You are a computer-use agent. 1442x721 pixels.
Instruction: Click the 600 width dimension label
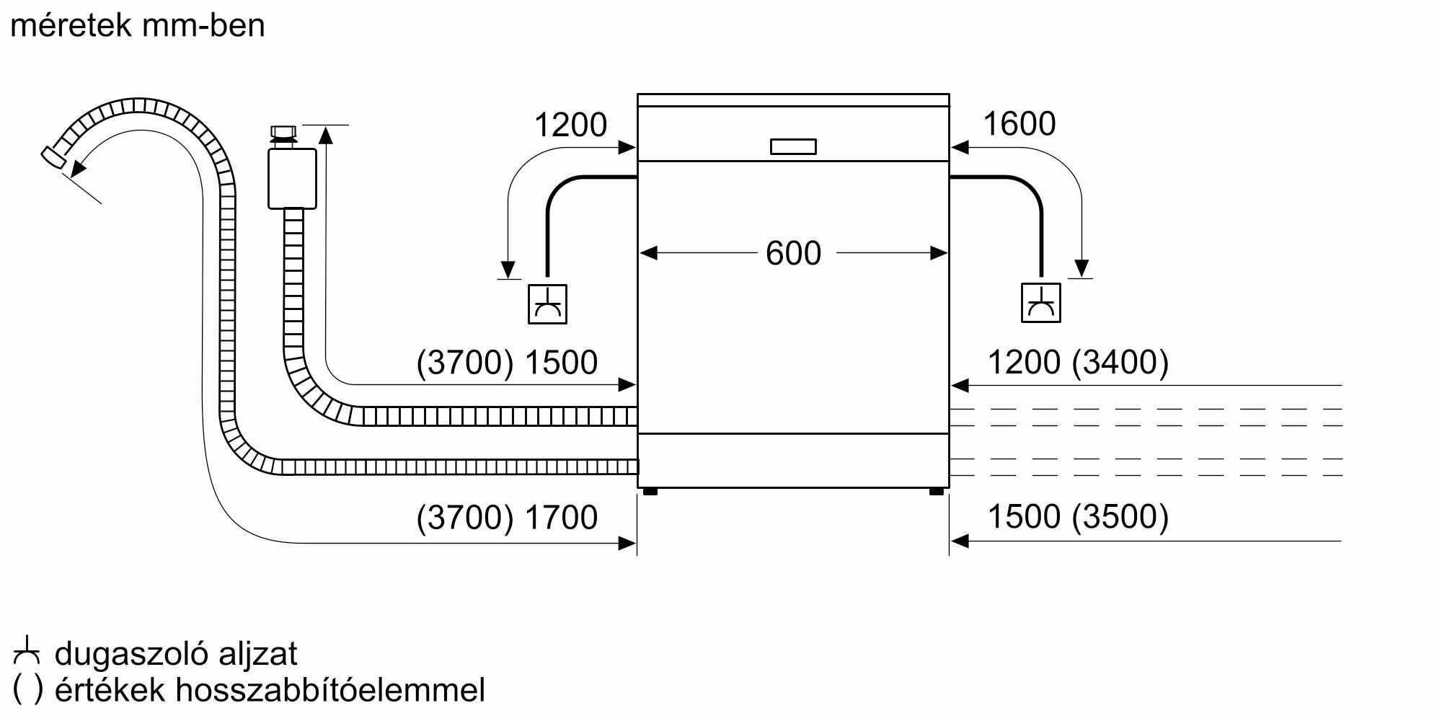793,254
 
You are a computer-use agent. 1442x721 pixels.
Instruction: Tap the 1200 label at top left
570,125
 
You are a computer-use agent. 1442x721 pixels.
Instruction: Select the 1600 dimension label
1019,124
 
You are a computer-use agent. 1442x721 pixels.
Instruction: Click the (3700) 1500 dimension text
507,362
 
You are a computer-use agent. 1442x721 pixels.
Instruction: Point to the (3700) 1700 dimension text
507,518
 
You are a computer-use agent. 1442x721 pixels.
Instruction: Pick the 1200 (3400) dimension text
1077,362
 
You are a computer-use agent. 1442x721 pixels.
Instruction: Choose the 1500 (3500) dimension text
1077,517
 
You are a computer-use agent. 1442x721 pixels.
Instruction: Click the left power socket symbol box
547,304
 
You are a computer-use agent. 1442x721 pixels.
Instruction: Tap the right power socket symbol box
1040,304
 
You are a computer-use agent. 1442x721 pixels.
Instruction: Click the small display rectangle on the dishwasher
793,146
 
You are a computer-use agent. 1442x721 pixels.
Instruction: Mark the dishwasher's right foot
936,492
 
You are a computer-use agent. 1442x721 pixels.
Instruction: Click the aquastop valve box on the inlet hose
292,178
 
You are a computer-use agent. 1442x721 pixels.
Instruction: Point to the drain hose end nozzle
54,158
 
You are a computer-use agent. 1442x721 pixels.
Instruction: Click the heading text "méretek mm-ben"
138,26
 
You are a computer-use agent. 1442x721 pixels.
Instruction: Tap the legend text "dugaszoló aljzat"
176,654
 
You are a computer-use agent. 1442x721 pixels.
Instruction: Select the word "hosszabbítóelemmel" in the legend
330,690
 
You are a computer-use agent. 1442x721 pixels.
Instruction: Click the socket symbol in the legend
27,652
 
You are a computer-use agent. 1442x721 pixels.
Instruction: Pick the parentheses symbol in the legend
27,691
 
